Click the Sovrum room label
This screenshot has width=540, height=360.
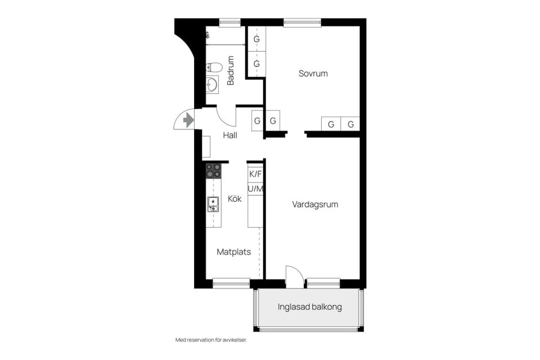pyautogui.click(x=313, y=74)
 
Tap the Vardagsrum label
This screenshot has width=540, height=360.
pyautogui.click(x=315, y=205)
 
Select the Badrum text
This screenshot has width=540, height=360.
pyautogui.click(x=231, y=71)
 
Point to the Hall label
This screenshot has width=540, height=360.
pyautogui.click(x=229, y=136)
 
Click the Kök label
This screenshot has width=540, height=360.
pyautogui.click(x=235, y=199)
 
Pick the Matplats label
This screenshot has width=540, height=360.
pyautogui.click(x=233, y=252)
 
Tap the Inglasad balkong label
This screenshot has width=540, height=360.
pyautogui.click(x=309, y=307)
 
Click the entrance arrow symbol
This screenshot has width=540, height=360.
pyautogui.click(x=188, y=119)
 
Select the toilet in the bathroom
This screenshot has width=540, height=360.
pyautogui.click(x=214, y=67)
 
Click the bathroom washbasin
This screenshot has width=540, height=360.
pyautogui.click(x=212, y=84)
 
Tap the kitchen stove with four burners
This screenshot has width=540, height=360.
pyautogui.click(x=213, y=171)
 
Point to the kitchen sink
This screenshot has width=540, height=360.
pyautogui.click(x=213, y=204)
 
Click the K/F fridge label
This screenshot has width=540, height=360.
pyautogui.click(x=255, y=174)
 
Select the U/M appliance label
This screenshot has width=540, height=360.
pyautogui.click(x=255, y=188)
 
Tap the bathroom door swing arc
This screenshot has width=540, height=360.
pyautogui.click(x=227, y=117)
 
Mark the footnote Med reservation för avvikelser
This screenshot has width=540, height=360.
pyautogui.click(x=211, y=340)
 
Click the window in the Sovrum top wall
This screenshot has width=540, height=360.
pyautogui.click(x=302, y=22)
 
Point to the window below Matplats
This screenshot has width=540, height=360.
pyautogui.click(x=231, y=283)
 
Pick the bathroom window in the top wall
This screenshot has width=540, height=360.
pyautogui.click(x=229, y=22)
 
